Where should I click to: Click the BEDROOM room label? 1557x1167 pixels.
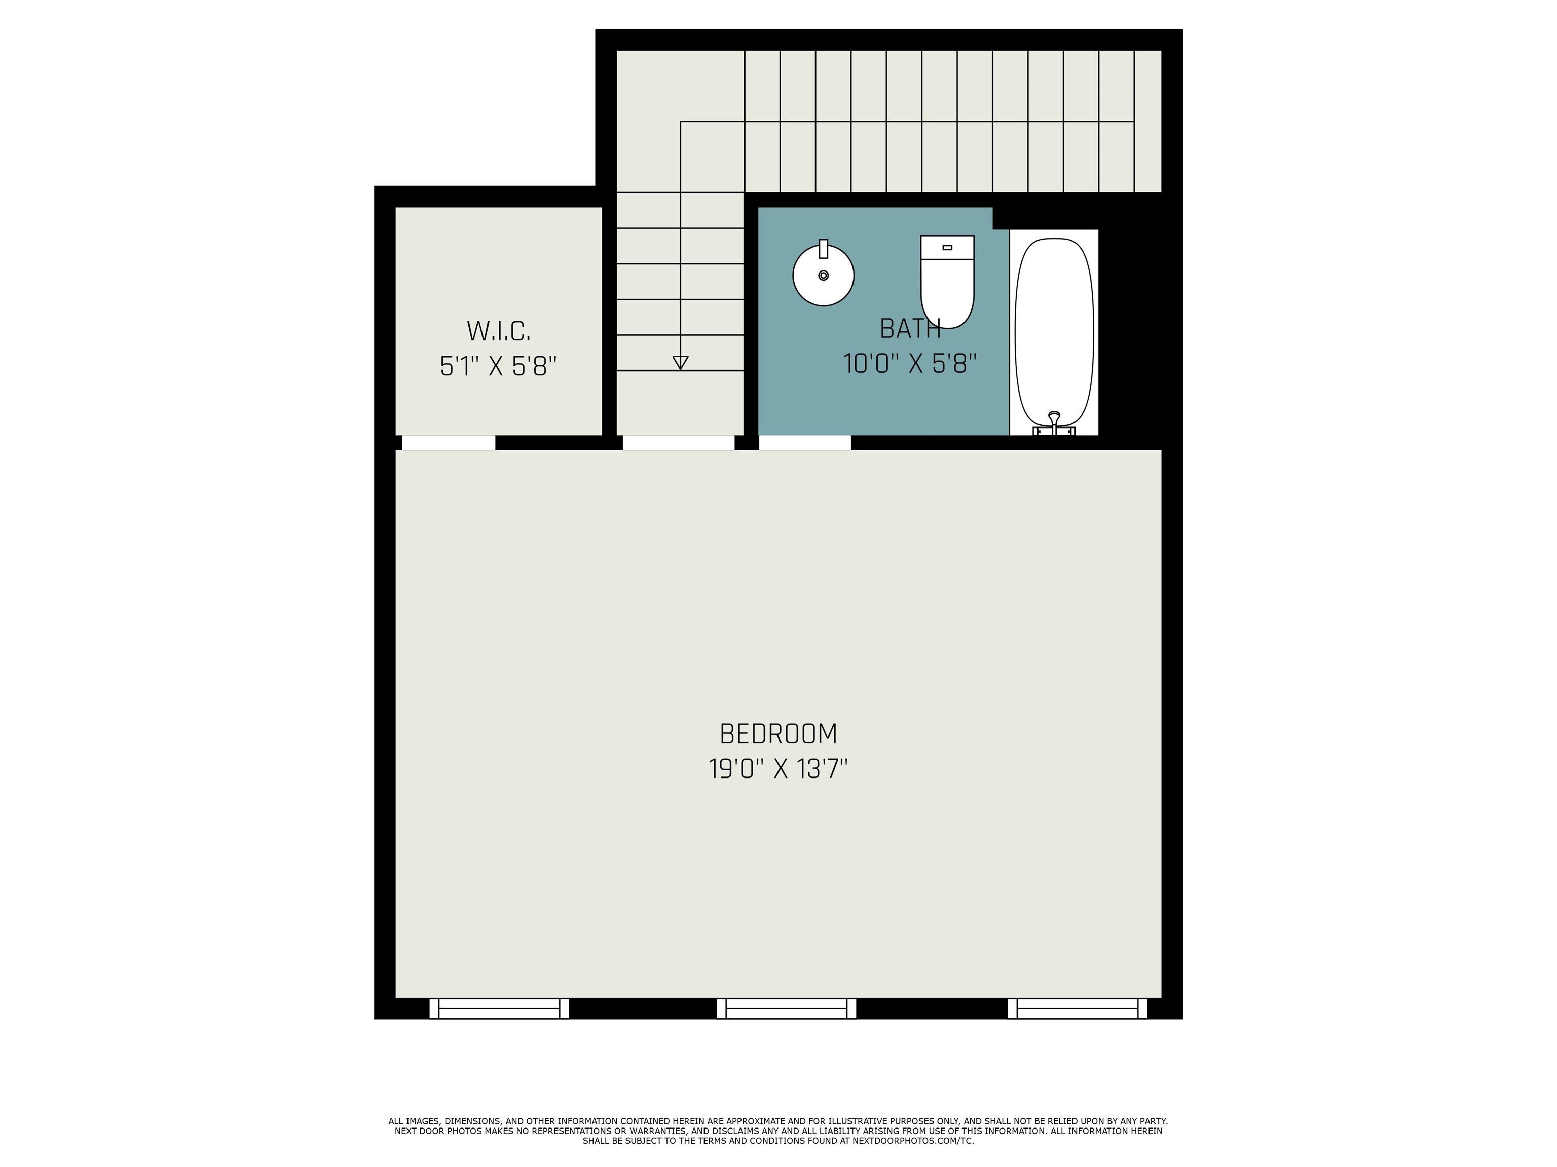pyautogui.click(x=778, y=734)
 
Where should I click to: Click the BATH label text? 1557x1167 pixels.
pyautogui.click(x=910, y=329)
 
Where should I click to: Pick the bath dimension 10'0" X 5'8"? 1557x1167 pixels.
pyautogui.click(x=910, y=364)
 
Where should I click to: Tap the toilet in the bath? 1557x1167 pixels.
pyautogui.click(x=947, y=282)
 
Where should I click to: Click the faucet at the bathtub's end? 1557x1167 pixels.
pyautogui.click(x=1054, y=423)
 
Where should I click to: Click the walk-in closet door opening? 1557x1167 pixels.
pyautogui.click(x=449, y=443)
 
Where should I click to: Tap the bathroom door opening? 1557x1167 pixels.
pyautogui.click(x=804, y=443)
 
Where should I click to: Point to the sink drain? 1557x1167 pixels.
pyautogui.click(x=824, y=276)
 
